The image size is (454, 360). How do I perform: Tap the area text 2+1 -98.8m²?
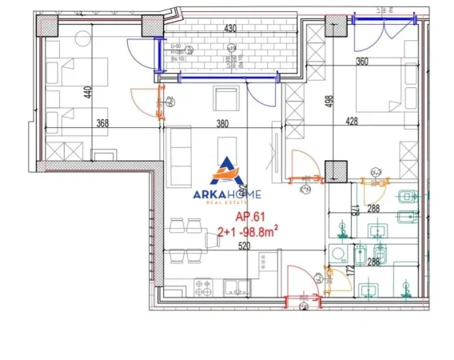click(249, 231)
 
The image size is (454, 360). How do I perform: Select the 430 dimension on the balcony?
click(230, 29)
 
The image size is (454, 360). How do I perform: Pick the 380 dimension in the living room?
click(221, 123)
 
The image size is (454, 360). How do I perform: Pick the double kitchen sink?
click(236, 286)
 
